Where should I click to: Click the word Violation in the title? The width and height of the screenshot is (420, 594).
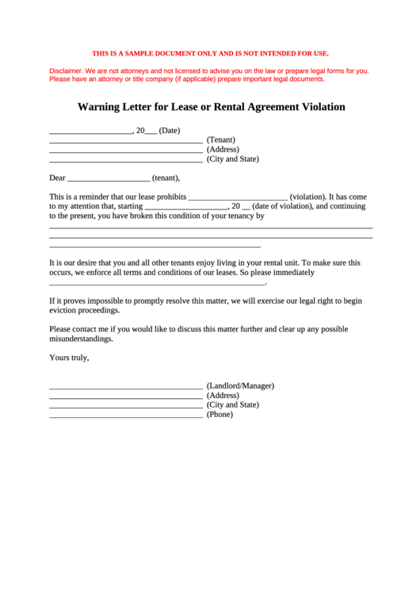pos(314,106)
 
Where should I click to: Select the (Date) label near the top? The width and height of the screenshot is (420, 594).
pos(170,130)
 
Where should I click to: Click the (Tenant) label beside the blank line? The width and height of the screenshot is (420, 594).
pos(221,140)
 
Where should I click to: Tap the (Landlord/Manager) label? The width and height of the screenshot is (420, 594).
pos(240,385)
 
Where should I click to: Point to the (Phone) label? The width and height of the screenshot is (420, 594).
pos(220,414)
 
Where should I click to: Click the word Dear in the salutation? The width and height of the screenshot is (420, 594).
pos(57,178)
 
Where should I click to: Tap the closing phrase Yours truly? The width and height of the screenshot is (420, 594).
pos(69,358)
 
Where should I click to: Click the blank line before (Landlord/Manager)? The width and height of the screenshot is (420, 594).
pos(125,388)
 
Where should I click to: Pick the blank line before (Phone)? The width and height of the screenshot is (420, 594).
pos(125,416)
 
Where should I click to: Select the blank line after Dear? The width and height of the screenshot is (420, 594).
pos(109,180)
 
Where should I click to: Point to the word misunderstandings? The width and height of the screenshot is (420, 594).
pos(81,339)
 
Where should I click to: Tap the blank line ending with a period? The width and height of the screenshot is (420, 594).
pos(157,283)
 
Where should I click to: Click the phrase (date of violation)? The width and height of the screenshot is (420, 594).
pos(283,206)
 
